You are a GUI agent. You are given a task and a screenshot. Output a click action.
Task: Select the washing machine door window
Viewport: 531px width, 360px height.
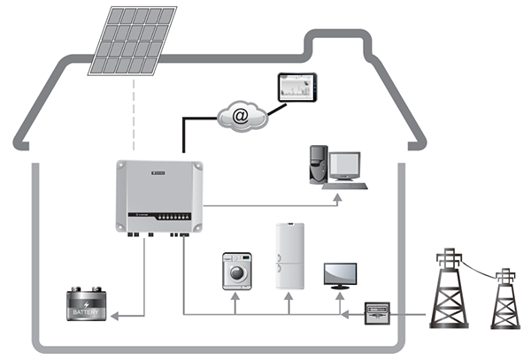(236, 273)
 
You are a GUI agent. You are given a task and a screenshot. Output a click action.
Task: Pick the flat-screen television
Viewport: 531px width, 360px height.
(341, 274)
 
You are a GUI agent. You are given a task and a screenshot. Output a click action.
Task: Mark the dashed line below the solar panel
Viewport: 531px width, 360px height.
(134, 115)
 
